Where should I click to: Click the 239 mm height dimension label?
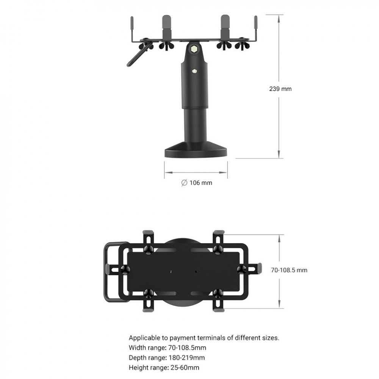[x=280, y=89]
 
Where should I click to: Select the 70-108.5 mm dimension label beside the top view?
[x=289, y=270]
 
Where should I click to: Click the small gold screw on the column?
[x=195, y=70]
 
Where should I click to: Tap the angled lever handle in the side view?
[x=136, y=57]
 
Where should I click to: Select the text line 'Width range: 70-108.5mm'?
[x=168, y=348]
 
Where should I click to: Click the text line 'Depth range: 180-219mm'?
[x=167, y=357]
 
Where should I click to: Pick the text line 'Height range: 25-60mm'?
[x=164, y=367]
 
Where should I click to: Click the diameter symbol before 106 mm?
[x=184, y=183]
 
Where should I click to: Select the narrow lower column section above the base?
[x=195, y=123]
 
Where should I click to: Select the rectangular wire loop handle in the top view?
[x=110, y=271]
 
